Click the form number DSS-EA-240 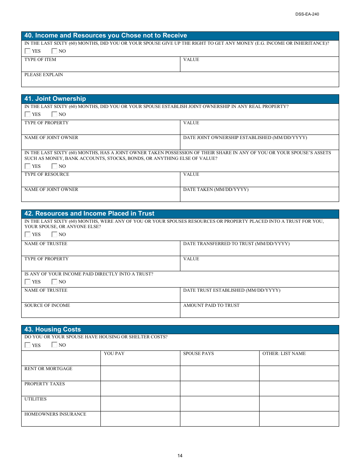[x=307, y=14]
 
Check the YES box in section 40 [x=28, y=51]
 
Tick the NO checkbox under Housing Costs [x=55, y=345]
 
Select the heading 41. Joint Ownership [x=55, y=99]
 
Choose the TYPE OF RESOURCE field [x=100, y=180]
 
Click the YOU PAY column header [x=114, y=354]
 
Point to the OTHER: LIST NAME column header [x=284, y=354]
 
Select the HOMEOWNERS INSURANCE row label [x=55, y=414]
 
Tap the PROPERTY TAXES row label [x=45, y=384]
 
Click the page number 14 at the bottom [x=180, y=456]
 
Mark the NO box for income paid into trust [x=55, y=282]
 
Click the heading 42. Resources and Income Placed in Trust [x=89, y=214]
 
